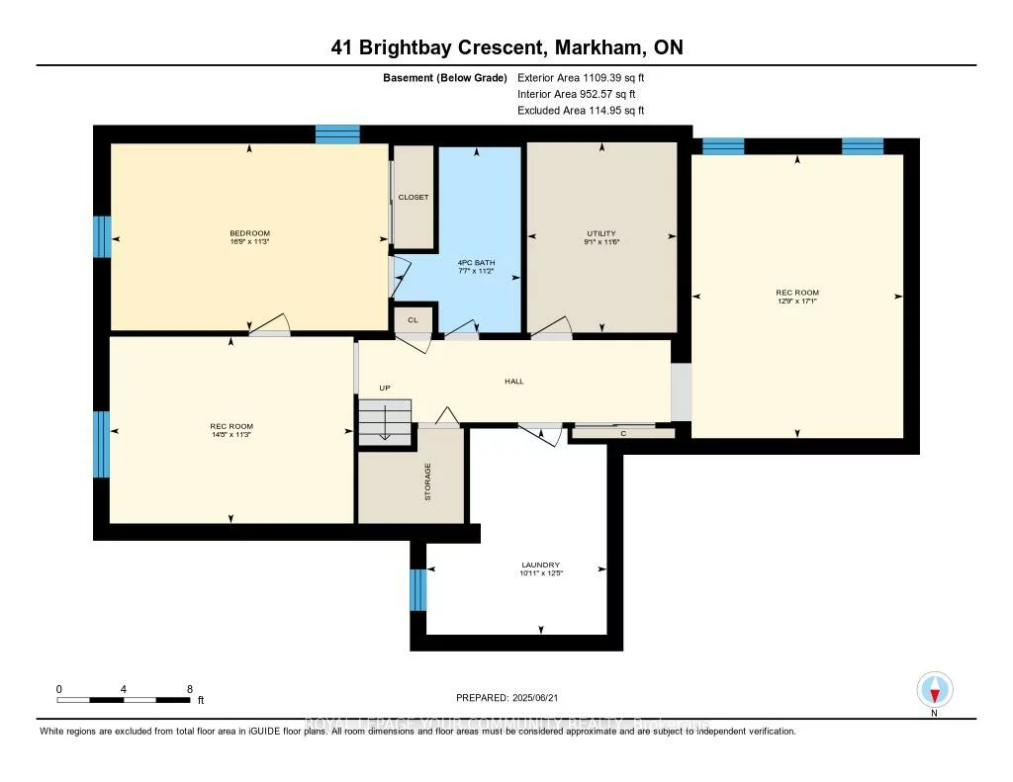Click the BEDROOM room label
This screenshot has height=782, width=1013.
(x=249, y=233)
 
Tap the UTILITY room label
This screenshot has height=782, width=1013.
(x=601, y=233)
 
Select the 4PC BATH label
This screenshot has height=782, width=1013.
(x=476, y=262)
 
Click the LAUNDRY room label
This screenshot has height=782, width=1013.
(x=541, y=565)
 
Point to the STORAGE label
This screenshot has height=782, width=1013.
(x=427, y=481)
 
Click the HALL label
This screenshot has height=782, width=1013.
(x=513, y=382)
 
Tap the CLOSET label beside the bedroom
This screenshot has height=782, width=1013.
(x=414, y=197)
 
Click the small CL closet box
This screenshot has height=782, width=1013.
(x=414, y=320)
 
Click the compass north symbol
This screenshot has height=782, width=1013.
(x=934, y=690)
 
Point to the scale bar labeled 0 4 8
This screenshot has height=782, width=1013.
(x=124, y=700)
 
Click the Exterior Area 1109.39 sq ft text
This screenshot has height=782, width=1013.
(x=587, y=77)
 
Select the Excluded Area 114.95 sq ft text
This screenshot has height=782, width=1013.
(x=587, y=111)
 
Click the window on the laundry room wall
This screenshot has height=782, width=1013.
(x=418, y=589)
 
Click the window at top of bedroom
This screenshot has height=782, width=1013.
(x=337, y=133)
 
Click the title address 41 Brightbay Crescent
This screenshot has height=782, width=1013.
(x=506, y=47)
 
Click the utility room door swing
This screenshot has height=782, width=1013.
(x=554, y=328)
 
